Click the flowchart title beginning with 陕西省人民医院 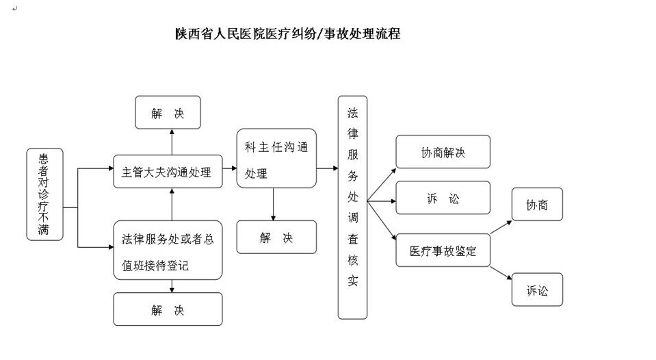[x=287, y=34]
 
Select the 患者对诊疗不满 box [x=44, y=194]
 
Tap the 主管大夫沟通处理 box [x=168, y=172]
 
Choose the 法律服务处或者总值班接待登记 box [x=168, y=250]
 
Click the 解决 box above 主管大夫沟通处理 [x=168, y=113]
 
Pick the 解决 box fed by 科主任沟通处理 [x=276, y=237]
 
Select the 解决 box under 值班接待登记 [x=168, y=309]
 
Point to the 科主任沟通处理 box [x=276, y=158]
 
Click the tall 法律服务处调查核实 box [x=352, y=207]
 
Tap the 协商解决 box [x=443, y=152]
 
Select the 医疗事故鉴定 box [x=443, y=251]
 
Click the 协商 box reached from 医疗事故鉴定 [x=537, y=205]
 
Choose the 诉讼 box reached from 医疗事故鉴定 [x=537, y=290]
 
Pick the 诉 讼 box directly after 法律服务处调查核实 [x=443, y=198]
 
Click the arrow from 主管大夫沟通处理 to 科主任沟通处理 [x=229, y=168]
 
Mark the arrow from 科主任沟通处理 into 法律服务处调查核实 [x=327, y=168]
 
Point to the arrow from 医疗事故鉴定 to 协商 [x=501, y=227]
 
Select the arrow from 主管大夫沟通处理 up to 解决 [x=172, y=142]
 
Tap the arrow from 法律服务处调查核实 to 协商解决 [x=381, y=183]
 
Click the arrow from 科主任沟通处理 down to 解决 [x=274, y=203]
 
